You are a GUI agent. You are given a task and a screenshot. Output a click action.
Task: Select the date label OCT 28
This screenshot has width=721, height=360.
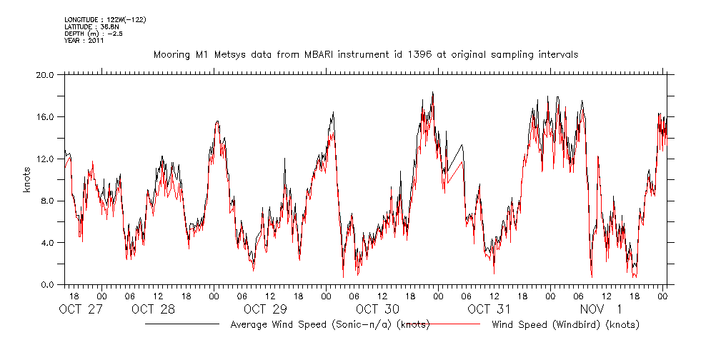click(x=153, y=310)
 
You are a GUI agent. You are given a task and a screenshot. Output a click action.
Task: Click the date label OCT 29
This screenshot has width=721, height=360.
click(x=265, y=310)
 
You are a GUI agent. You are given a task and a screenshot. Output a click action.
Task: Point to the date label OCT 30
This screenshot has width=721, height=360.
click(x=377, y=310)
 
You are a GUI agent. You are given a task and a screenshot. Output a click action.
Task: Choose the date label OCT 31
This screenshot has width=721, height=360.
click(x=489, y=310)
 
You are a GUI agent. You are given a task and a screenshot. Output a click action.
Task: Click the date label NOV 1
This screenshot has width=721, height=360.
click(x=601, y=310)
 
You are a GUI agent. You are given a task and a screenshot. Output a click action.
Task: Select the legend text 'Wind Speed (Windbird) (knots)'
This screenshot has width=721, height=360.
click(x=565, y=325)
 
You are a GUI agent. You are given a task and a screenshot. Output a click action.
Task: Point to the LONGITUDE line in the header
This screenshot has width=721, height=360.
click(x=106, y=19)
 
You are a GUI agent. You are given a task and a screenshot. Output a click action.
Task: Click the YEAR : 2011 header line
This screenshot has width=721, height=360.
click(x=84, y=41)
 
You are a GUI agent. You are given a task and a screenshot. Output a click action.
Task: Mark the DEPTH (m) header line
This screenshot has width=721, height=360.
click(x=94, y=34)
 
